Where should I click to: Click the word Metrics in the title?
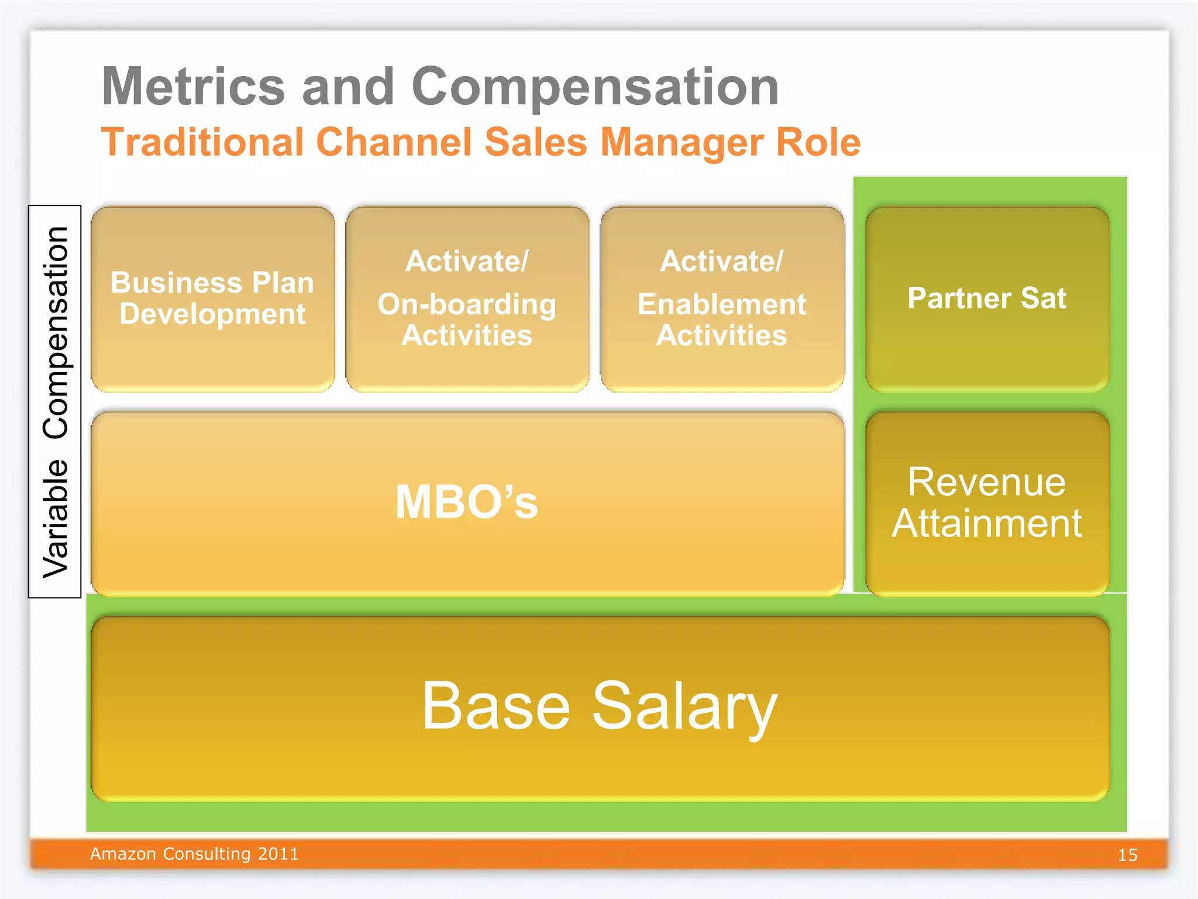193,87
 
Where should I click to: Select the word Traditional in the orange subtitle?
202,142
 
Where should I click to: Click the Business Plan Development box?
212,298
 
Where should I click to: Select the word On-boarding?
467,304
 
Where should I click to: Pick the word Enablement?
722,304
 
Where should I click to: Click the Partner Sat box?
987,298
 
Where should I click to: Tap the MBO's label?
467,502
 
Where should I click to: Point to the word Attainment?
987,523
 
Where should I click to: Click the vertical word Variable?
56,519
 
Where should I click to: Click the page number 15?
1127,855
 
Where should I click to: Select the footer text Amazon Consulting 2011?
194,854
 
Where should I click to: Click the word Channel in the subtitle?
394,142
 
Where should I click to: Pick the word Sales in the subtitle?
536,142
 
